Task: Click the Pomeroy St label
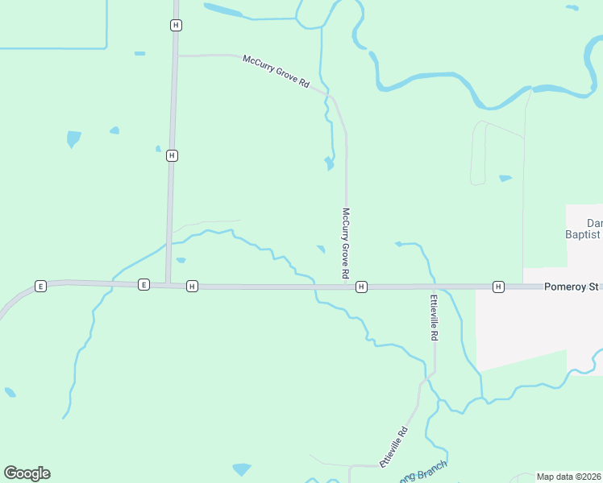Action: (572, 286)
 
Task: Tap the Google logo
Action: (27, 473)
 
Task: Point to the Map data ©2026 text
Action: (569, 477)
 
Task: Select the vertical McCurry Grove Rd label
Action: (345, 244)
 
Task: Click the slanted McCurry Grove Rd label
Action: (276, 71)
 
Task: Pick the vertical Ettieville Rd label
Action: (434, 317)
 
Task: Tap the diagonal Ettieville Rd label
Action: (394, 447)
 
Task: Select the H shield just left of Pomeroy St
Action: (498, 287)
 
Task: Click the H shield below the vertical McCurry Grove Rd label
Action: (361, 287)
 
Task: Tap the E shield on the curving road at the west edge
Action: (40, 286)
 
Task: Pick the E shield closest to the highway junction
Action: (143, 284)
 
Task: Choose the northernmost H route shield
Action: (176, 25)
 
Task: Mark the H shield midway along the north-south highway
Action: (172, 155)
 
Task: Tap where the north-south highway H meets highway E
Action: (168, 284)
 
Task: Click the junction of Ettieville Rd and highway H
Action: (434, 287)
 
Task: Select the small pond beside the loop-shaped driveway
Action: (505, 178)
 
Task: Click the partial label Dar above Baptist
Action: (594, 222)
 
